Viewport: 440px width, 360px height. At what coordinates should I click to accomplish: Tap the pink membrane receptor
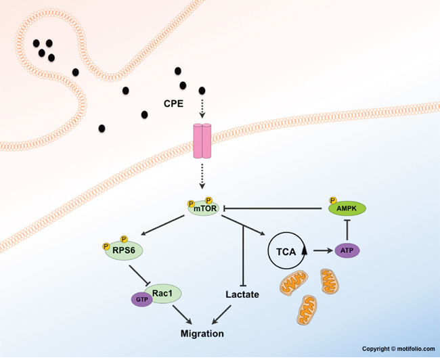pos(202,141)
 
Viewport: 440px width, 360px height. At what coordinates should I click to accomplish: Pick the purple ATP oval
pos(346,251)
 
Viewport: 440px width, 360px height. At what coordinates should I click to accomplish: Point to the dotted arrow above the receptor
pos(202,108)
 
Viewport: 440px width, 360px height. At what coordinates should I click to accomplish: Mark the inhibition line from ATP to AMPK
pos(346,230)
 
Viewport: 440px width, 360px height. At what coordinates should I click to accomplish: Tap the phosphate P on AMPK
pos(332,201)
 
